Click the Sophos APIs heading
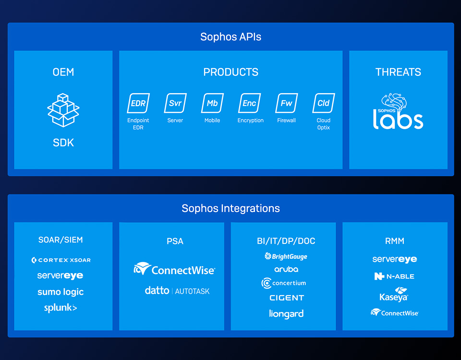(x=230, y=37)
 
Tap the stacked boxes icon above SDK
(x=63, y=110)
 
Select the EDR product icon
(x=138, y=103)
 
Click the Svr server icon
(x=175, y=103)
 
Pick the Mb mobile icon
(x=212, y=103)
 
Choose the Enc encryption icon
(x=249, y=103)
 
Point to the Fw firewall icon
(x=286, y=103)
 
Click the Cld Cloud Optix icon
(x=323, y=103)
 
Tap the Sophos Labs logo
(x=398, y=111)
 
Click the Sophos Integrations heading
(x=230, y=208)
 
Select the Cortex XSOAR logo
(x=61, y=260)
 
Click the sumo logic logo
(x=61, y=292)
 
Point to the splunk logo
(x=61, y=308)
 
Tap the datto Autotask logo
(x=177, y=291)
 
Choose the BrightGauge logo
(x=286, y=256)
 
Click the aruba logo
(x=286, y=269)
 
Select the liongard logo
(x=286, y=314)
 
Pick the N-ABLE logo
(x=394, y=276)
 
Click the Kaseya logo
(x=394, y=294)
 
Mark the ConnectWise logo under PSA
(x=174, y=269)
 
